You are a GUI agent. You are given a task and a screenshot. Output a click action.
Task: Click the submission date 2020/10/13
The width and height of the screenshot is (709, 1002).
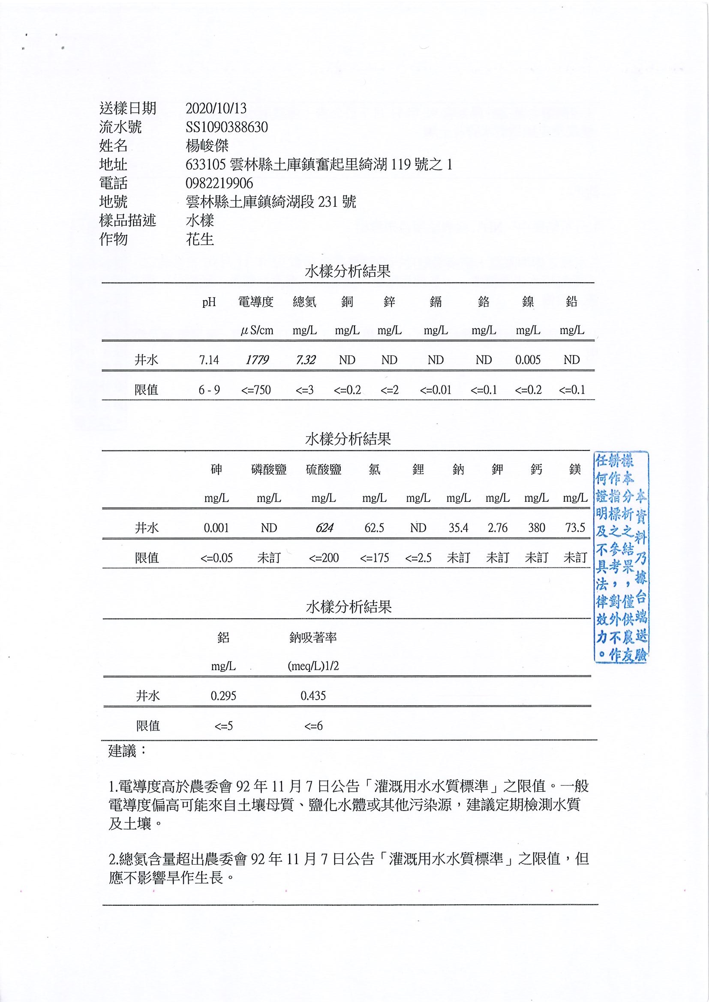coord(216,108)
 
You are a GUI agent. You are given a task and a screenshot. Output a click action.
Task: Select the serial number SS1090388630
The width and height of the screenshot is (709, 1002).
coord(226,127)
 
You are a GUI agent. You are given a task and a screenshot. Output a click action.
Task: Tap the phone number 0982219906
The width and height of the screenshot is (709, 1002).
coord(219,183)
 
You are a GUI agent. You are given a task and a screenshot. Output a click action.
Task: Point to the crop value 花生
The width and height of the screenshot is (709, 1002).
coord(200,239)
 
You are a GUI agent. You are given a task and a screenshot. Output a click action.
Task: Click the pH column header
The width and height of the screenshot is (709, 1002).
coord(209,302)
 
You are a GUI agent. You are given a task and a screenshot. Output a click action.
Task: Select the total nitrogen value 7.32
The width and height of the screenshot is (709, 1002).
coord(305,360)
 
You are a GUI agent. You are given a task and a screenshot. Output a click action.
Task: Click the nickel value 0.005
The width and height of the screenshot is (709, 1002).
coord(528,360)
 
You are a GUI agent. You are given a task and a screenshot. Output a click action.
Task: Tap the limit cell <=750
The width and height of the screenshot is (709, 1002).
coord(256,390)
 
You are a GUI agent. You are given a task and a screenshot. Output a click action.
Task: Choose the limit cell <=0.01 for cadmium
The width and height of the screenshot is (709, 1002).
coord(435,390)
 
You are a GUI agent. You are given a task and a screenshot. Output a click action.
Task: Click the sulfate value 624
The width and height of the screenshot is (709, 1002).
coord(324,528)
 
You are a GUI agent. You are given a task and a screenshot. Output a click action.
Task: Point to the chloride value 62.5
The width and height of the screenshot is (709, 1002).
coord(374,528)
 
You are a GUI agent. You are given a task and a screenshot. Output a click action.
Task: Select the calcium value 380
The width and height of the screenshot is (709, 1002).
coord(536,528)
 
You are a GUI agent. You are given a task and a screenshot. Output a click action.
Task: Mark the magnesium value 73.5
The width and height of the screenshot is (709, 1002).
coord(575,528)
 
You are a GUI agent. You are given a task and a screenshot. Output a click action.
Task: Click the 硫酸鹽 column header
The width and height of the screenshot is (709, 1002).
coord(323,470)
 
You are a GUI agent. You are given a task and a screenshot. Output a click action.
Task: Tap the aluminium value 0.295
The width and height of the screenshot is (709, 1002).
coord(223,696)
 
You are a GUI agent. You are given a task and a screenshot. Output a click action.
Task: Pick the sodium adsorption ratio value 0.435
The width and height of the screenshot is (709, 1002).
coord(313,696)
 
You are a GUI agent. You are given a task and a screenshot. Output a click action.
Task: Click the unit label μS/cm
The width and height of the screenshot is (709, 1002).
coord(257,331)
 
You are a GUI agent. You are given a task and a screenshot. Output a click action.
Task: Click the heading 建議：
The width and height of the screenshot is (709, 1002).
coord(127,751)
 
